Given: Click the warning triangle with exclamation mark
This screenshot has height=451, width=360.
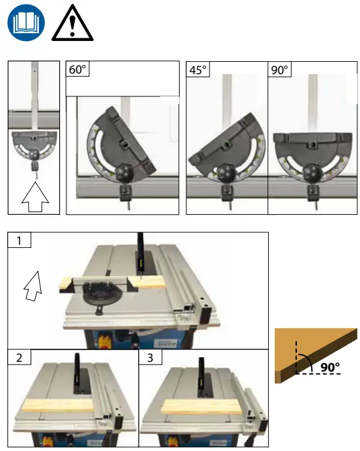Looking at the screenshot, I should (x=72, y=25).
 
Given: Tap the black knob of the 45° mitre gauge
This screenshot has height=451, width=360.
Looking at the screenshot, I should (x=226, y=173).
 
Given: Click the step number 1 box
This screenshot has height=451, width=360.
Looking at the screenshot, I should (x=19, y=240).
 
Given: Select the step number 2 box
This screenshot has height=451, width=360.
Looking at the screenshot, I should (x=19, y=357).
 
